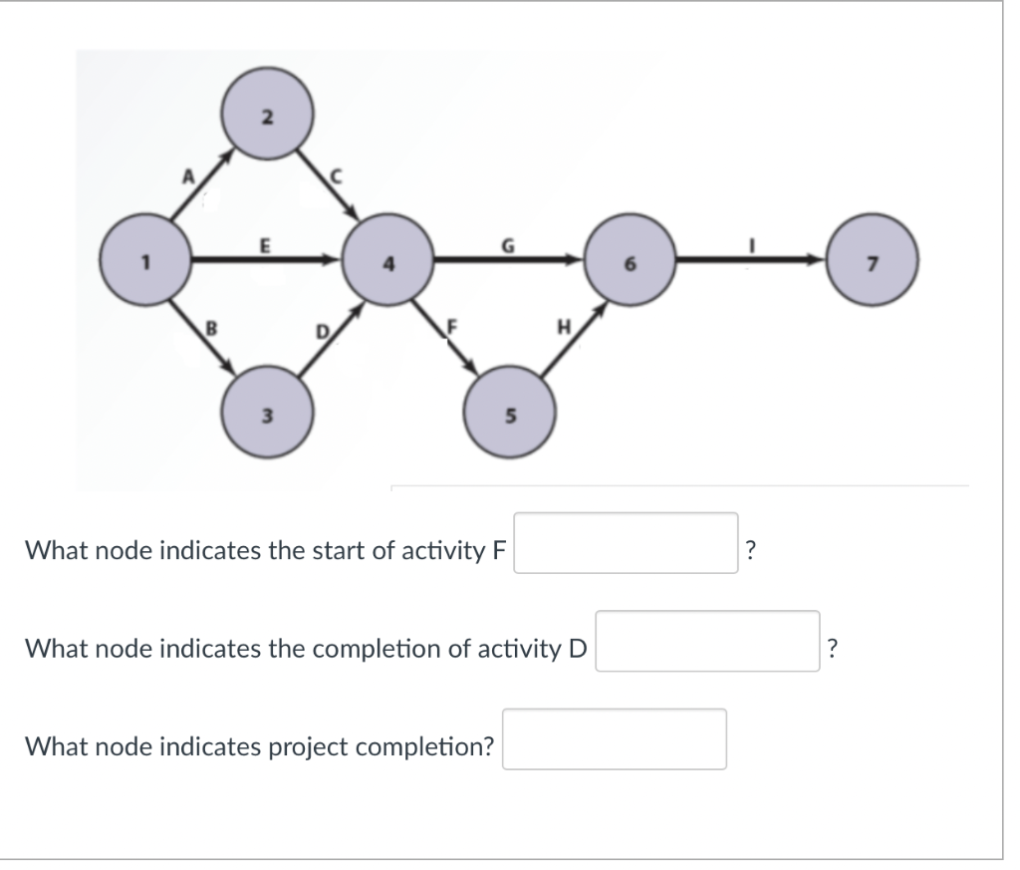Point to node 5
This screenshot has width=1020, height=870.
509,413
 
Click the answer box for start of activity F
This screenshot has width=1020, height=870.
626,543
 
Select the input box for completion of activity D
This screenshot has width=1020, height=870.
707,641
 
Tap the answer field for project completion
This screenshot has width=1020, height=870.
614,738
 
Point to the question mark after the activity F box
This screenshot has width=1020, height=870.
751,549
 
